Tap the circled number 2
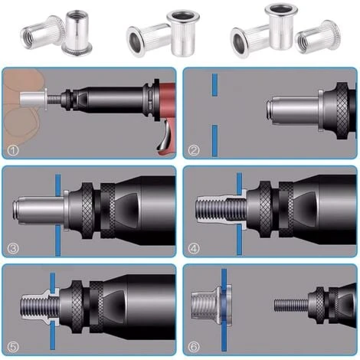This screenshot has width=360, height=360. point(194,149)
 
